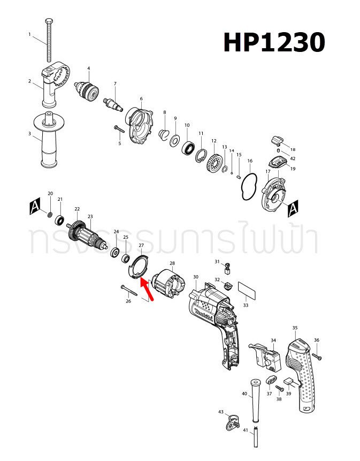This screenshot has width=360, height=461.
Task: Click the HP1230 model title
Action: pyautogui.click(x=273, y=42)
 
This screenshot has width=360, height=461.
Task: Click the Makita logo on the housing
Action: pyautogui.click(x=206, y=315)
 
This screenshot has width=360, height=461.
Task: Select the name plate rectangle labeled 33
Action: pyautogui.click(x=246, y=291)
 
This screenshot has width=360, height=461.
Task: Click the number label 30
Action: pyautogui.click(x=196, y=277)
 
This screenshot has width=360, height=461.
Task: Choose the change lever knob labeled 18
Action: pyautogui.click(x=277, y=140)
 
